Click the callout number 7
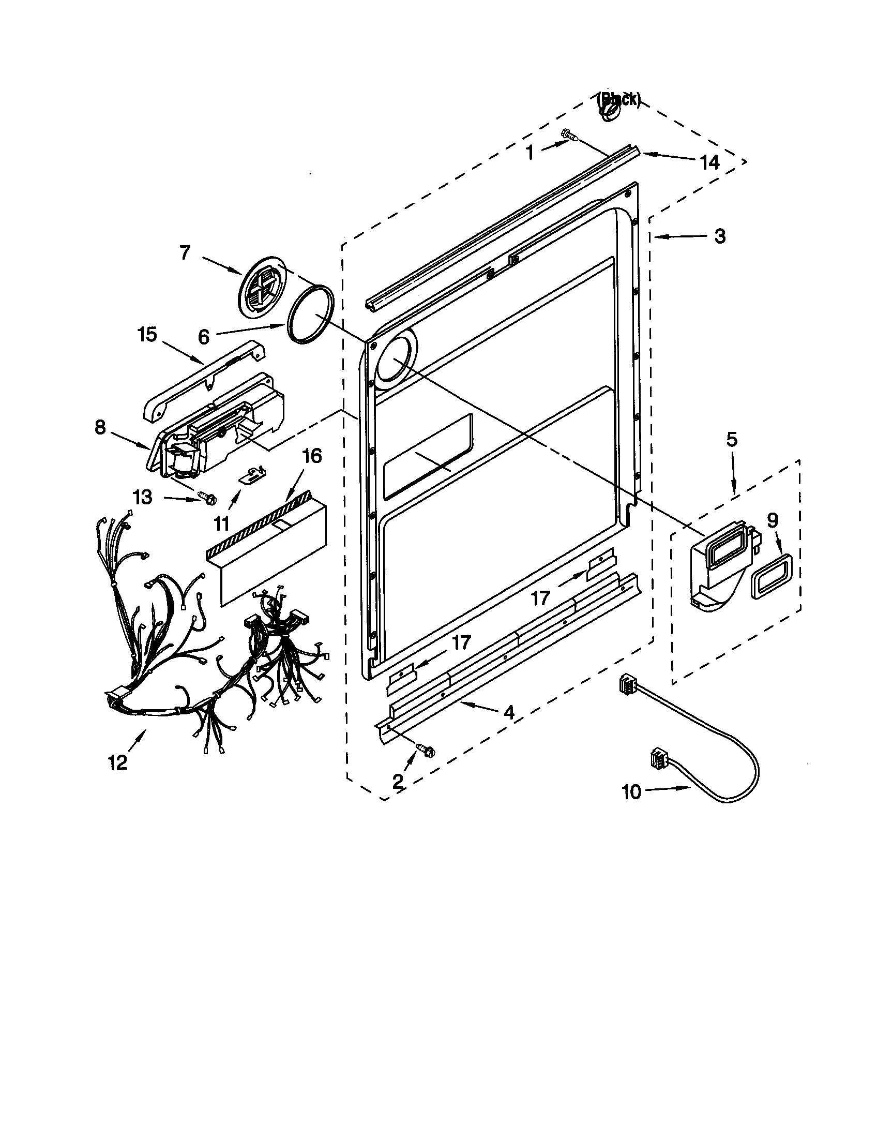[x=185, y=253]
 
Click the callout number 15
[x=147, y=335]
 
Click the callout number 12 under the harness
[x=118, y=763]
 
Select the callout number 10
[x=632, y=792]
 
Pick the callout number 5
[x=731, y=440]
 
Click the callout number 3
[x=719, y=236]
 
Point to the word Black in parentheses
[x=618, y=99]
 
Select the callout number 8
[x=100, y=428]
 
